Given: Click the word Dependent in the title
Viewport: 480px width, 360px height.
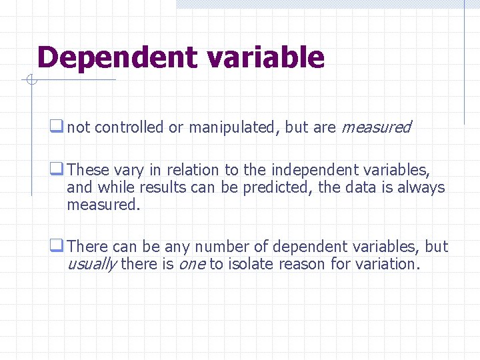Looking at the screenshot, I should (x=118, y=58).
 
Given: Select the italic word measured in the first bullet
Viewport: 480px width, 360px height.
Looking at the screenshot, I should (x=377, y=127).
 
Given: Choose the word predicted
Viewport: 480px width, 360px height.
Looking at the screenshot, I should (x=277, y=187).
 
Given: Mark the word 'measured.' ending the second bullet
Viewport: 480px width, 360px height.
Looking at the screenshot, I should (x=104, y=205).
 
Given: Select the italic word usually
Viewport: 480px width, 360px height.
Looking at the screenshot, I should (x=92, y=264).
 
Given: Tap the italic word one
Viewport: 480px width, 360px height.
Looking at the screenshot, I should (x=191, y=264).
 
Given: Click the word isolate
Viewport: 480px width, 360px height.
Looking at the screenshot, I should (x=251, y=264).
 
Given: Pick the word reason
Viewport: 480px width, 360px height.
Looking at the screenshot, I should (x=303, y=264).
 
